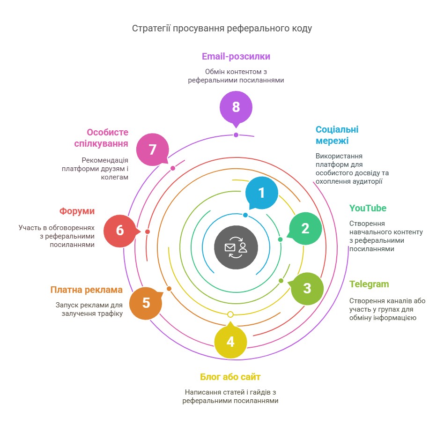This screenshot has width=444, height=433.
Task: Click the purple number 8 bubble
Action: point(236,108)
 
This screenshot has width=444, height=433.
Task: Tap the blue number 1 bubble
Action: point(261,193)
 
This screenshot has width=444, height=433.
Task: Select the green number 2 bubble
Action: point(305,228)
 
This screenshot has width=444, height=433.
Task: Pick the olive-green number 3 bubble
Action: point(307,289)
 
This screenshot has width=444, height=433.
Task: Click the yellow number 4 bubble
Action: point(230,341)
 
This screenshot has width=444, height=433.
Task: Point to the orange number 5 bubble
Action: point(146,303)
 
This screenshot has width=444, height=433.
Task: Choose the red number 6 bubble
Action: point(120,231)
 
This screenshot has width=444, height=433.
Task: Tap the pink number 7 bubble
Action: point(153,149)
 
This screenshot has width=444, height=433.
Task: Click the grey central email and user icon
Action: point(236,247)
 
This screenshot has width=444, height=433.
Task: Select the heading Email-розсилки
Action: point(236,56)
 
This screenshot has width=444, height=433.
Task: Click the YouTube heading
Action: point(368,208)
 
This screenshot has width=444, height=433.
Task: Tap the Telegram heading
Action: point(369,284)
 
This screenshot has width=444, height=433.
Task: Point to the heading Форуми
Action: point(77,211)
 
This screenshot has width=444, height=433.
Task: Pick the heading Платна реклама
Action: point(86,290)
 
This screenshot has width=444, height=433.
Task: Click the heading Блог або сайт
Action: point(230,377)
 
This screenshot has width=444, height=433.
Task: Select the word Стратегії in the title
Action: point(151,28)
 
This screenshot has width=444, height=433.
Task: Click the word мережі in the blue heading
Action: point(332,141)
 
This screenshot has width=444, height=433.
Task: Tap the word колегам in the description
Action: point(115,178)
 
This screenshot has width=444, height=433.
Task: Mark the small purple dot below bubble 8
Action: point(236,135)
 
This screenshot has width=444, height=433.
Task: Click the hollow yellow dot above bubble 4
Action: point(230,314)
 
